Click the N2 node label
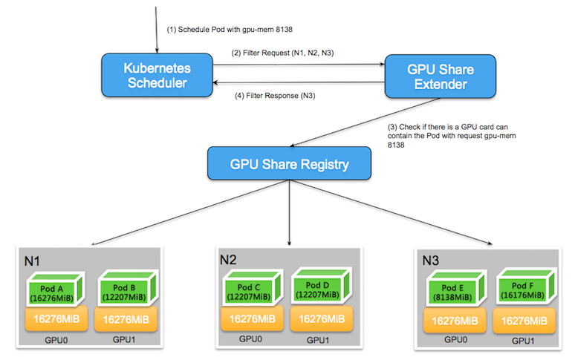pyautogui.click(x=228, y=260)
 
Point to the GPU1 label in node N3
pyautogui.click(x=523, y=342)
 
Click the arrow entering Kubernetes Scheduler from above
pyautogui.click(x=157, y=30)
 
